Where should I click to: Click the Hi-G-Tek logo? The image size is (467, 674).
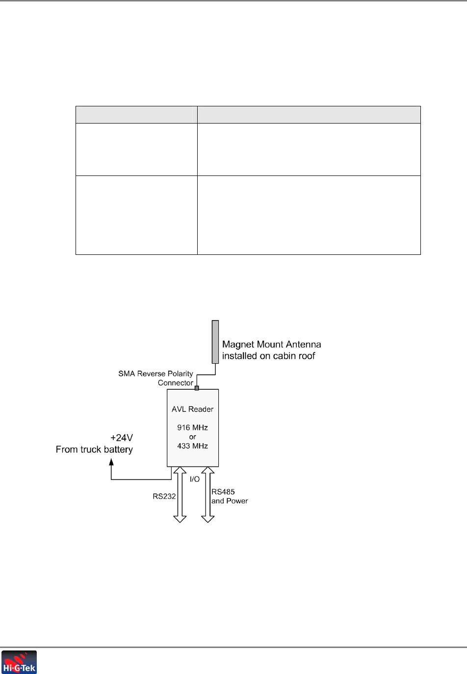(19, 662)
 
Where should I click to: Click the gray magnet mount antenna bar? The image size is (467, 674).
(215, 342)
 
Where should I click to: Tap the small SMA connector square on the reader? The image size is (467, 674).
(197, 388)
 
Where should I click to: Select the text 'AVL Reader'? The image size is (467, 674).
(192, 409)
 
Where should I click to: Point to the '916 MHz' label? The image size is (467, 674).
(192, 427)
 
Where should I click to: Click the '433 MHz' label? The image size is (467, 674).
(192, 446)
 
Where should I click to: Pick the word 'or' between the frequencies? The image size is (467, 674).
(192, 437)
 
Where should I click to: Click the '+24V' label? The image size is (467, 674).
(122, 438)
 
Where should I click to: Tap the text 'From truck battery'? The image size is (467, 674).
(94, 449)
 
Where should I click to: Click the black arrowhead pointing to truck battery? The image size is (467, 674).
(111, 462)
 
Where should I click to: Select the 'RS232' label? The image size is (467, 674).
(164, 496)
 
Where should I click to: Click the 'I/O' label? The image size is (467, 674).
(195, 479)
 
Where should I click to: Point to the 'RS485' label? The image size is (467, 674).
(223, 492)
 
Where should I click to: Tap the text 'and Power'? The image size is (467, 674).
(230, 501)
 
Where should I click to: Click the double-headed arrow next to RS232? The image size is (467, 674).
(180, 495)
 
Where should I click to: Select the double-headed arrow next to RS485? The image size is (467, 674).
(208, 495)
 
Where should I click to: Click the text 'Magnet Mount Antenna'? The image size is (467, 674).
(271, 345)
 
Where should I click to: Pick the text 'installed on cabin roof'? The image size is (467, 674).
(268, 356)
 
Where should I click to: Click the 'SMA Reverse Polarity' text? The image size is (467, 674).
(156, 374)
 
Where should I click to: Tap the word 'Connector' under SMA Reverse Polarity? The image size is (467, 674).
(176, 383)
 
